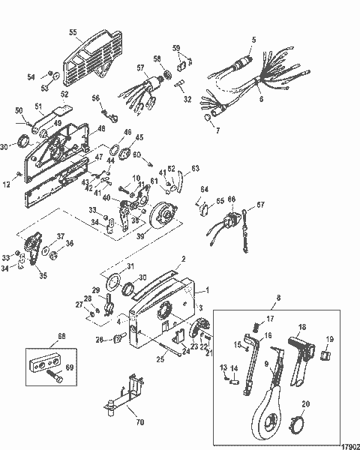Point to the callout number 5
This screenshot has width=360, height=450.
pyautogui.click(x=253, y=38)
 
